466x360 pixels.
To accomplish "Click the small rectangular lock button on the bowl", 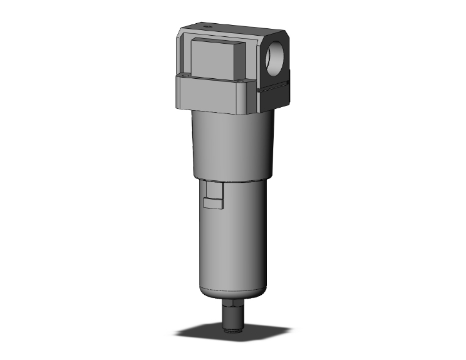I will pyautogui.click(x=212, y=202).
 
